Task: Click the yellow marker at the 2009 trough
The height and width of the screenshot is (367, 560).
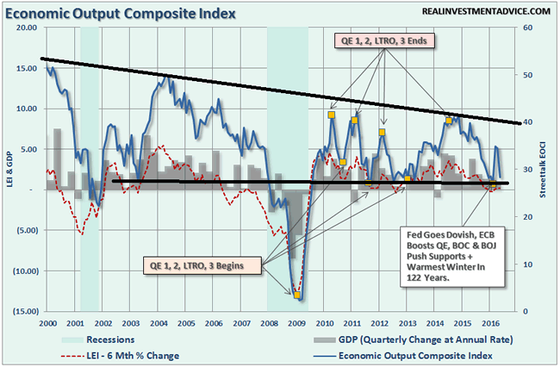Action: click(x=297, y=295)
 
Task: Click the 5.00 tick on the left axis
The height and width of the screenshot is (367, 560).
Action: click(x=26, y=149)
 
